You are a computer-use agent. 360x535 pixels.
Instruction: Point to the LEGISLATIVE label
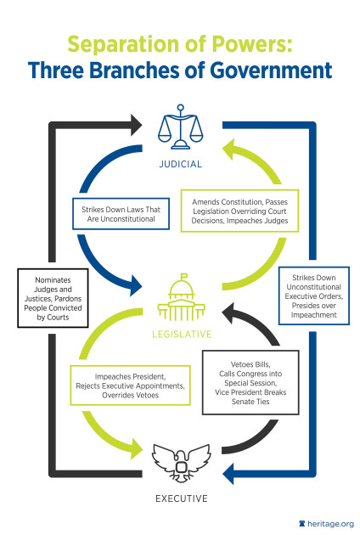179,335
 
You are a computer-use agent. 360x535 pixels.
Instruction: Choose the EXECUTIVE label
179,498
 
